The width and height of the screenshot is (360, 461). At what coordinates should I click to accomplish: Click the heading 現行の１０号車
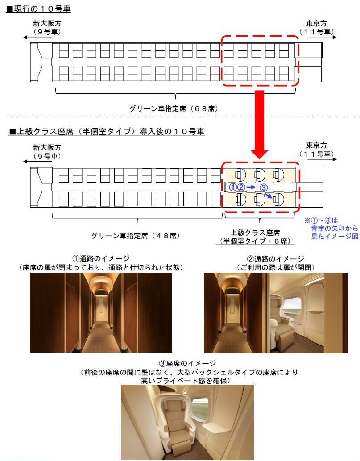coord(38,8)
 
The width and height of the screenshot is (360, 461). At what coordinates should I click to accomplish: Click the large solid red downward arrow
coord(259,125)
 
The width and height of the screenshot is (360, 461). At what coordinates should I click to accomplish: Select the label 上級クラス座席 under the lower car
coord(255,233)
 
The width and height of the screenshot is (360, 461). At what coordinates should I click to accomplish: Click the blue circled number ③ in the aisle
coord(263,187)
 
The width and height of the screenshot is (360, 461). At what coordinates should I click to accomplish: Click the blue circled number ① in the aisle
coord(232,187)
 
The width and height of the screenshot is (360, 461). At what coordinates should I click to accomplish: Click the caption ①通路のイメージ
coord(101,258)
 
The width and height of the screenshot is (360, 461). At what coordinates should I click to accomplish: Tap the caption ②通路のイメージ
coord(276,259)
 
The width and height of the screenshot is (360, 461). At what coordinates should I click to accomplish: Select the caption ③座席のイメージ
coord(187,363)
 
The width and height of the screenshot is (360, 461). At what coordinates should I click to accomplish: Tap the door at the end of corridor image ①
coord(101,309)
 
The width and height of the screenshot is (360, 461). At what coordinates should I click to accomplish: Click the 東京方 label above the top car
coord(317,23)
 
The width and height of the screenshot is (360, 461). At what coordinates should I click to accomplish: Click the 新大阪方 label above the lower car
coord(47,147)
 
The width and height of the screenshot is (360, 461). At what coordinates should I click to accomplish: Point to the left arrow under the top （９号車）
coord(42,37)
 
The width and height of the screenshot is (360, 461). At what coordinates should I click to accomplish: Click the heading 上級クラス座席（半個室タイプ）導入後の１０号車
coord(106,131)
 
